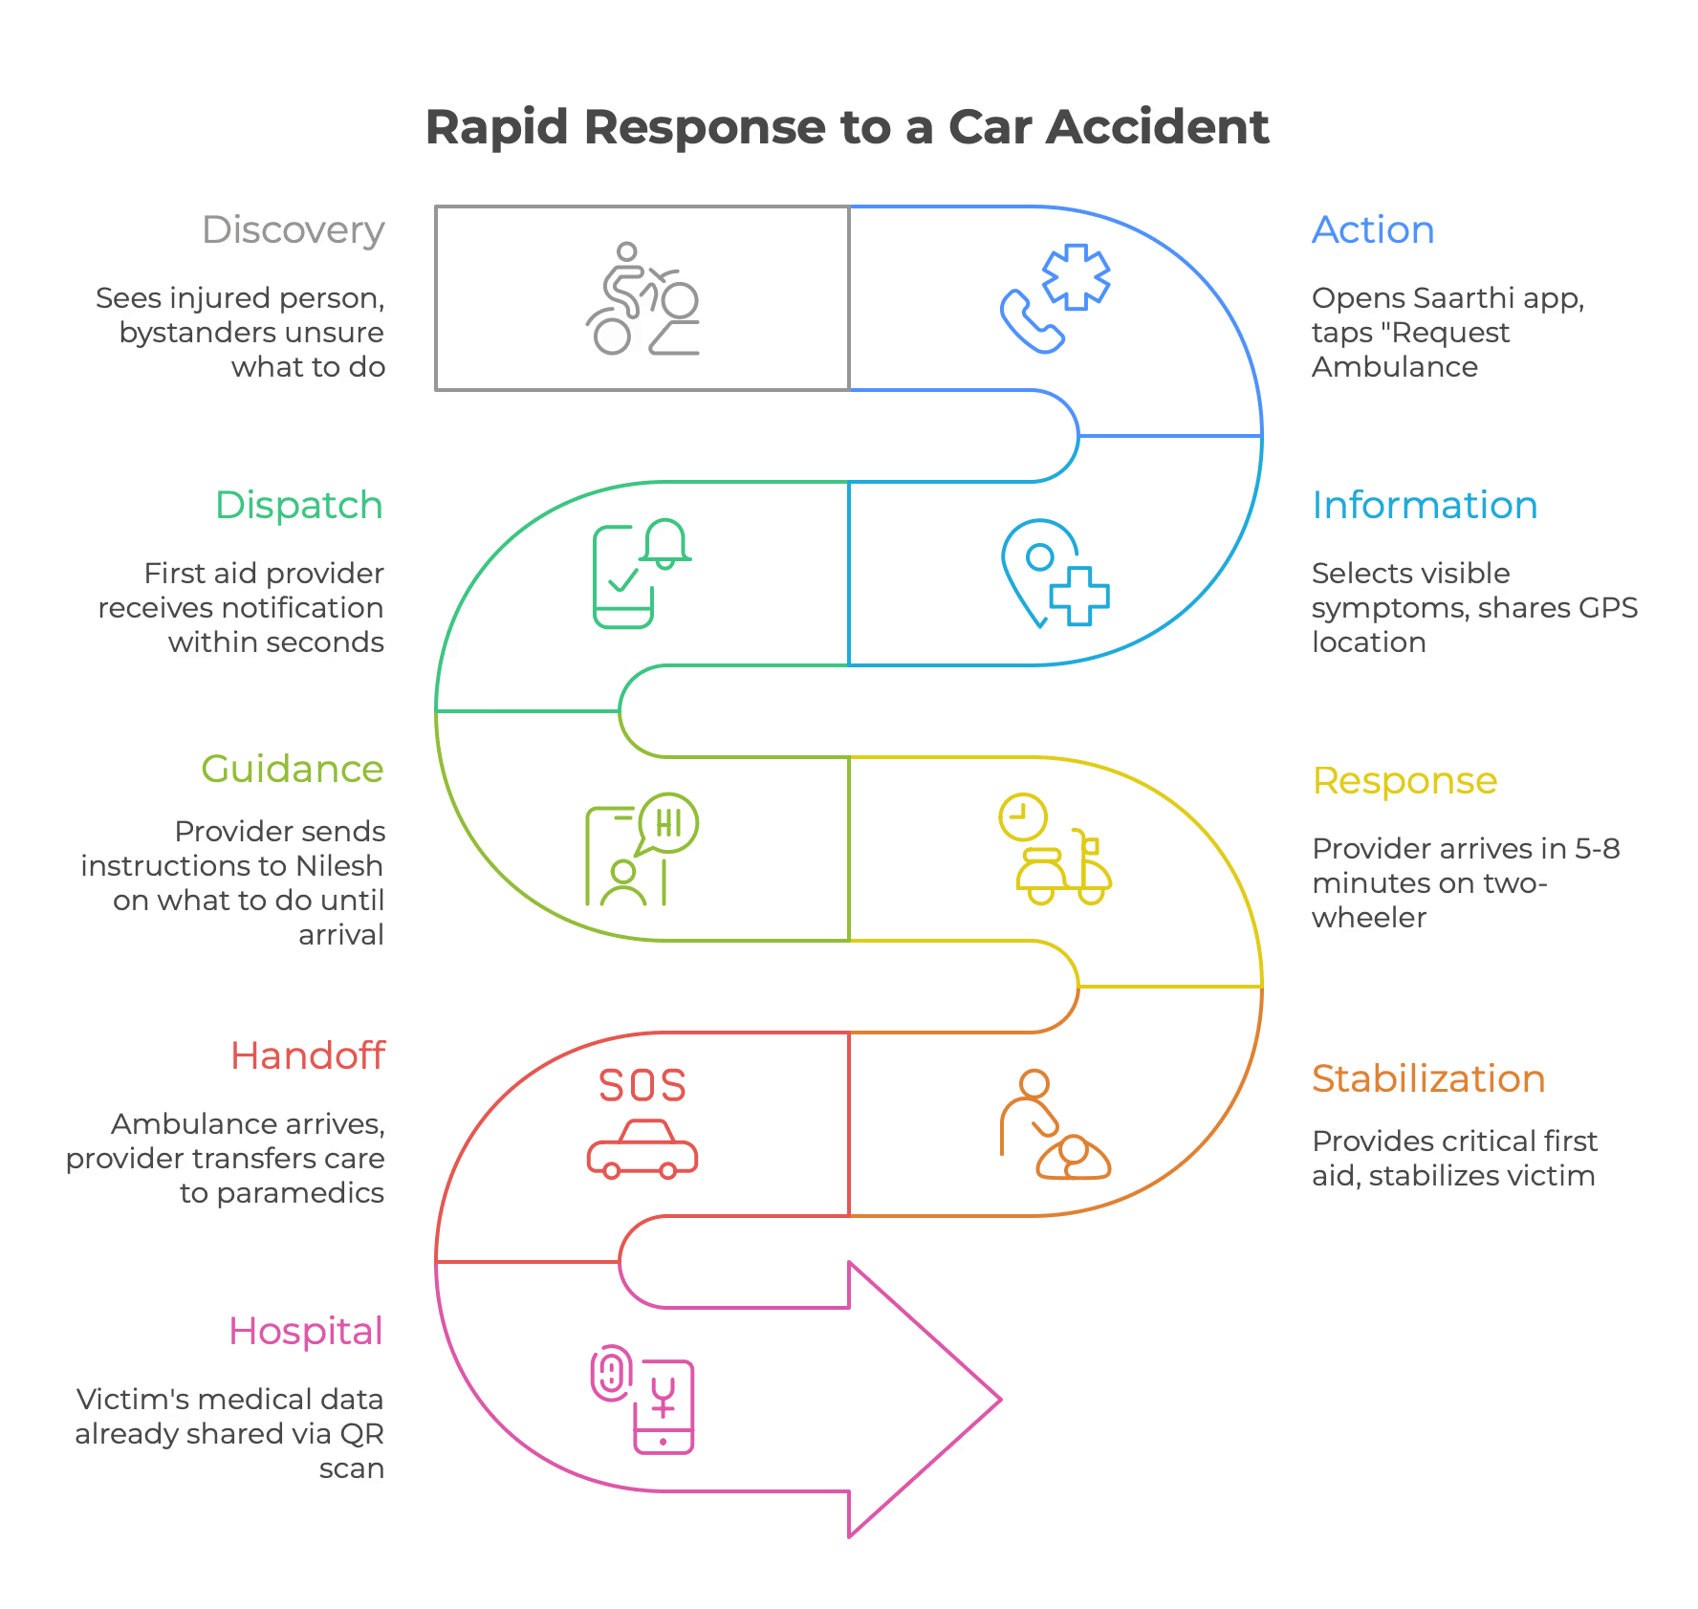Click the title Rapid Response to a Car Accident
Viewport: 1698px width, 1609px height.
(x=847, y=128)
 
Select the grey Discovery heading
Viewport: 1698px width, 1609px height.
(x=294, y=230)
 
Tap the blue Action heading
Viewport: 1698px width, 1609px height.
(x=1373, y=230)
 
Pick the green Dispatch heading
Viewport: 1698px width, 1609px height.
(x=299, y=506)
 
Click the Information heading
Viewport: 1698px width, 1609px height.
(x=1424, y=506)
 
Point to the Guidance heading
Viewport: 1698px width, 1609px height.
(x=293, y=770)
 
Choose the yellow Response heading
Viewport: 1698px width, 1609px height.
(x=1404, y=781)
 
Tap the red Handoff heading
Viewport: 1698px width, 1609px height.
(x=309, y=1056)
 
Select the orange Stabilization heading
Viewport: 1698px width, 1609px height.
(x=1427, y=1079)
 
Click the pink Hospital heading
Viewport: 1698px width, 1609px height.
(x=306, y=1332)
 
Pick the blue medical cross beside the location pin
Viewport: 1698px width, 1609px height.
(x=1079, y=596)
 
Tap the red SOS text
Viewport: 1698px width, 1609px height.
(x=642, y=1085)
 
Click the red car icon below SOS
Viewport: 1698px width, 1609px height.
(x=642, y=1150)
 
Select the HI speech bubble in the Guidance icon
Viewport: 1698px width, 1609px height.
(x=669, y=823)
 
